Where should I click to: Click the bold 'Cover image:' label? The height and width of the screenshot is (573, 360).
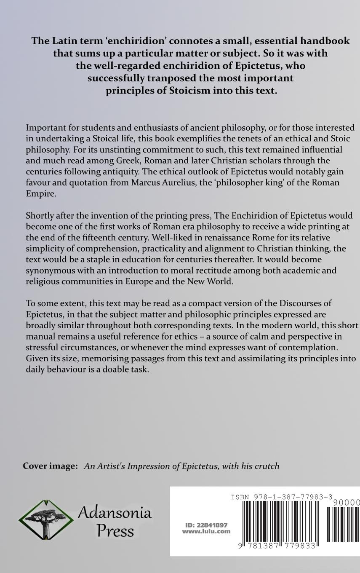point(50,466)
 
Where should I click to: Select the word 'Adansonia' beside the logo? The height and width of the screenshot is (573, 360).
point(115,513)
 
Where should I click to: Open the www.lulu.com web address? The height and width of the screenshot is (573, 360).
point(206,532)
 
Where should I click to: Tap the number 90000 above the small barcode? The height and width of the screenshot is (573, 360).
point(346,502)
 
